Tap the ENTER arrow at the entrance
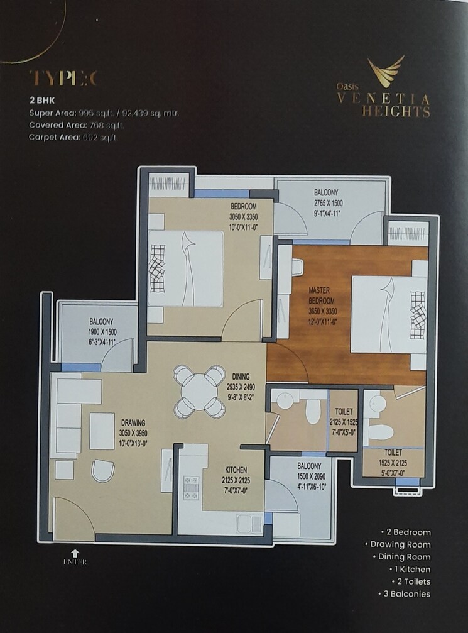click(75, 553)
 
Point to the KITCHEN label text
click(236, 470)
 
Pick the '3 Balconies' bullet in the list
click(405, 593)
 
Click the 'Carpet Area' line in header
click(73, 136)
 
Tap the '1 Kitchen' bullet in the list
click(409, 569)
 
